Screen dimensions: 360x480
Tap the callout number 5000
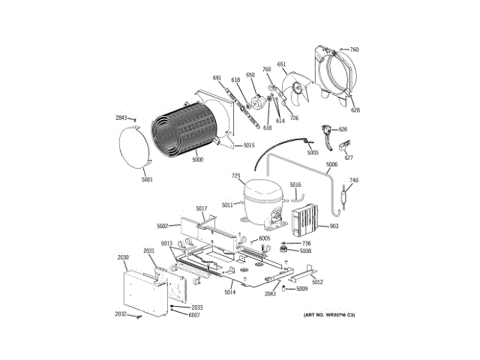197,160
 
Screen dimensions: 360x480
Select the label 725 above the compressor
236,176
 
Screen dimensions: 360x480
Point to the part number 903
334,226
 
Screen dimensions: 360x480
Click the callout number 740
354,180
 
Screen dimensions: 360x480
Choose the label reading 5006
331,164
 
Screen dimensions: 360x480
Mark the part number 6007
194,314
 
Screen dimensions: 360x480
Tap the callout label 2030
124,257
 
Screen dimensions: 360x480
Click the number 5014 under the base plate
229,291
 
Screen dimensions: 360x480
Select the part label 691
217,78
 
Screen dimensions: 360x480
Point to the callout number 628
355,110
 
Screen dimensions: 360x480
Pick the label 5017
201,208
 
